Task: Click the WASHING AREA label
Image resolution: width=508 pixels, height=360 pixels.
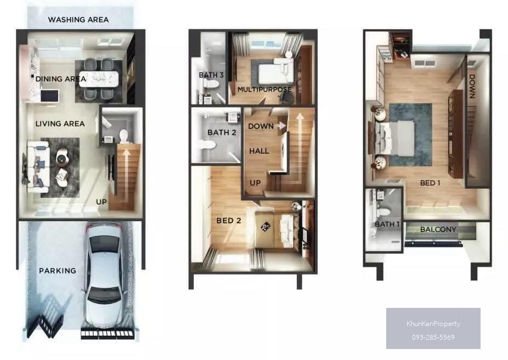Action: (x=78, y=19)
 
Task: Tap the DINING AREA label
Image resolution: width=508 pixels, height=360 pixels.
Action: (x=60, y=78)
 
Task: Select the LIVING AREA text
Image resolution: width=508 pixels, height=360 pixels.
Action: (x=60, y=123)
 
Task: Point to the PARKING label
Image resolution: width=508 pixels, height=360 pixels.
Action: (x=58, y=271)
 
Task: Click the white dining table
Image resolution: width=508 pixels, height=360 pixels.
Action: (x=99, y=79)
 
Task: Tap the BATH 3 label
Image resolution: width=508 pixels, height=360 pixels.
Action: (x=211, y=75)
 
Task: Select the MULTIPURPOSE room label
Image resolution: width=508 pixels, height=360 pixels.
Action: (x=264, y=89)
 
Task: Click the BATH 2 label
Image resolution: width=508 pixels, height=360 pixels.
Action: (x=222, y=132)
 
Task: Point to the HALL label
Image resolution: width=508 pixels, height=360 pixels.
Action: (x=259, y=151)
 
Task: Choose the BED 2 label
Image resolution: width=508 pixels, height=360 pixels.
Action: (x=229, y=221)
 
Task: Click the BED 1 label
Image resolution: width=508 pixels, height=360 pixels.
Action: (x=430, y=183)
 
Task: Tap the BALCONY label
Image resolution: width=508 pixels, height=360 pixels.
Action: (x=438, y=229)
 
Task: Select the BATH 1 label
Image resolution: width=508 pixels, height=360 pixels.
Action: (x=387, y=224)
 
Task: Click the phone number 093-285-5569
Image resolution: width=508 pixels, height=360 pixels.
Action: (x=433, y=337)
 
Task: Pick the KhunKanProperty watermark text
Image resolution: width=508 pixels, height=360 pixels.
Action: (x=433, y=324)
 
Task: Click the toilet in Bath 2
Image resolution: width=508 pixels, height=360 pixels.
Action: (x=207, y=144)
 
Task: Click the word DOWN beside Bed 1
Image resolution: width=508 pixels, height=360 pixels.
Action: (x=472, y=86)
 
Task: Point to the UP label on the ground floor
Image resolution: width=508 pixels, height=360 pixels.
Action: (x=101, y=202)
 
